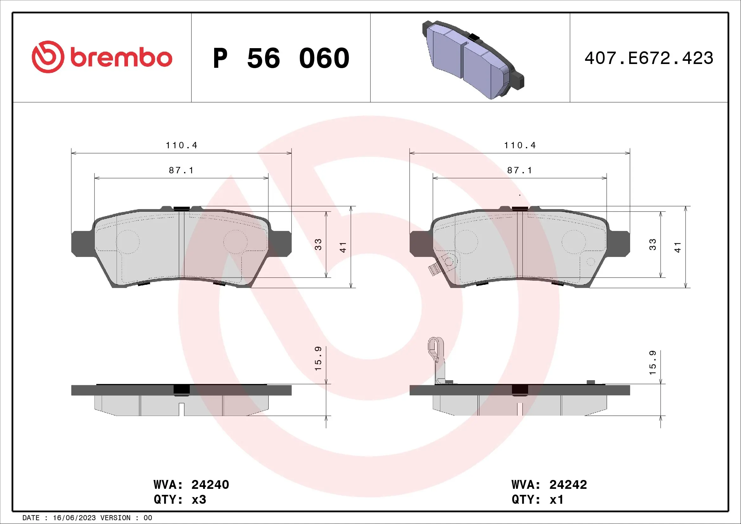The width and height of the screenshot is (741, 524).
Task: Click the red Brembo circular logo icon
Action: click(48, 57)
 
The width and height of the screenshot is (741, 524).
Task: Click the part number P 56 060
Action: click(281, 58)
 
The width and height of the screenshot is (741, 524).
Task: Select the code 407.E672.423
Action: click(649, 58)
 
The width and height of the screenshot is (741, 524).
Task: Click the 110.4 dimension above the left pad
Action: click(181, 145)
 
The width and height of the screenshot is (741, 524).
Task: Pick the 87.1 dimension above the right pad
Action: click(519, 170)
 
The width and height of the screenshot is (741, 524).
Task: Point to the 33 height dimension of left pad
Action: click(318, 244)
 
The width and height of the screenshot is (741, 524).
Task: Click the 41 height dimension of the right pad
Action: click(677, 247)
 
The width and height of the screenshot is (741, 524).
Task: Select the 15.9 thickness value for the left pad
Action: click(318, 358)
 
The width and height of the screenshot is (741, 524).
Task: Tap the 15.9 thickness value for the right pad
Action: click(653, 363)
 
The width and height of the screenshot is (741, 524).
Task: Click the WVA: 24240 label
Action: click(191, 485)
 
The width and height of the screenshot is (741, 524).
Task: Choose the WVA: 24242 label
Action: click(549, 485)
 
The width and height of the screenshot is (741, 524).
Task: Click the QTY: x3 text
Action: click(180, 500)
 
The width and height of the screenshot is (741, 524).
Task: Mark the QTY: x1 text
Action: click(537, 500)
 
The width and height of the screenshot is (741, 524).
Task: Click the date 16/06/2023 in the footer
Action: click(74, 518)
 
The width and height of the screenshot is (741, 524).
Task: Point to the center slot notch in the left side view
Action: click(182, 409)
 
